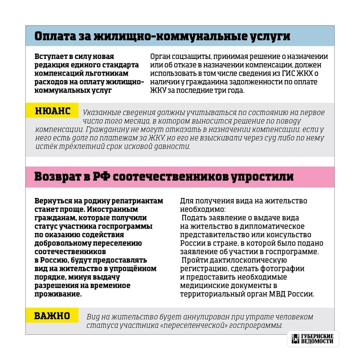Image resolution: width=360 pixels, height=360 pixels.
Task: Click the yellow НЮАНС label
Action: (52, 112)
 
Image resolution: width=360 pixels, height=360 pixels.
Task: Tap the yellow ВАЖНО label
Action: (52, 316)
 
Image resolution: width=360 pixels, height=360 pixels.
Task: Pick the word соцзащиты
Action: (187, 57)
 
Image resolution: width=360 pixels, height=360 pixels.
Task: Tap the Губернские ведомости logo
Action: (312, 339)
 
